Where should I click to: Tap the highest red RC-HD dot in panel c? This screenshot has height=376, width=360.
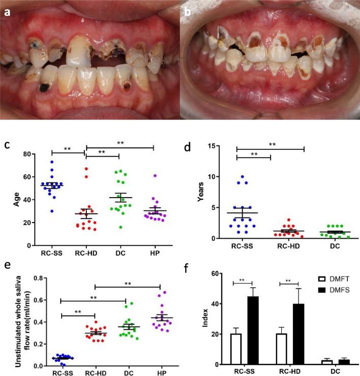(86, 169)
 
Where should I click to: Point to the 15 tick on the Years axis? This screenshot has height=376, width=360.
(213, 146)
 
